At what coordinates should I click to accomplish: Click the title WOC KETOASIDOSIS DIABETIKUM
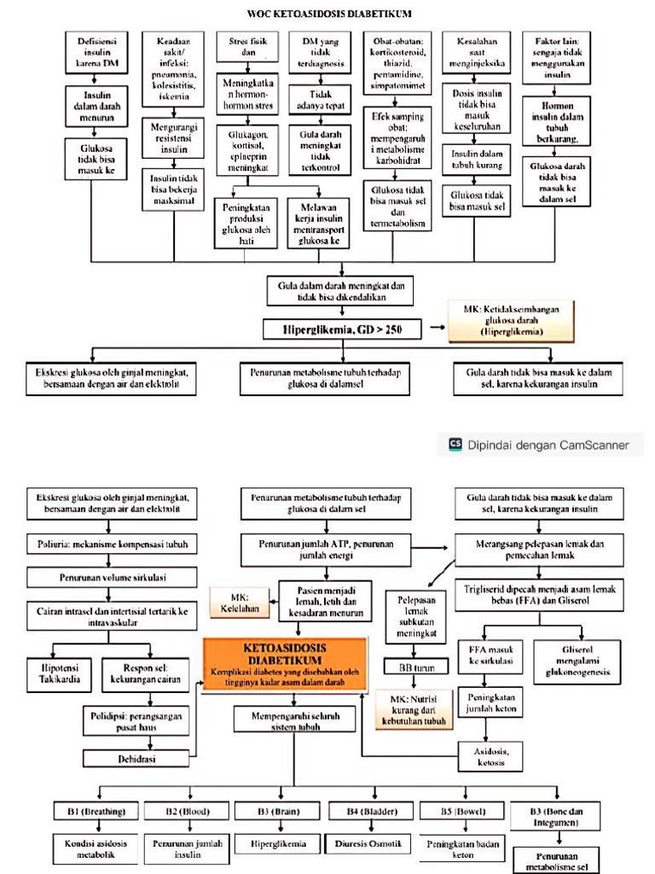[x=328, y=14]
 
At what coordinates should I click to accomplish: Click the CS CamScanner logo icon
[x=455, y=444]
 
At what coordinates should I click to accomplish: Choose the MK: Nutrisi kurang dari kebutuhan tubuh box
[x=412, y=709]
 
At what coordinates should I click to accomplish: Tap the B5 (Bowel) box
[x=458, y=812]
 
